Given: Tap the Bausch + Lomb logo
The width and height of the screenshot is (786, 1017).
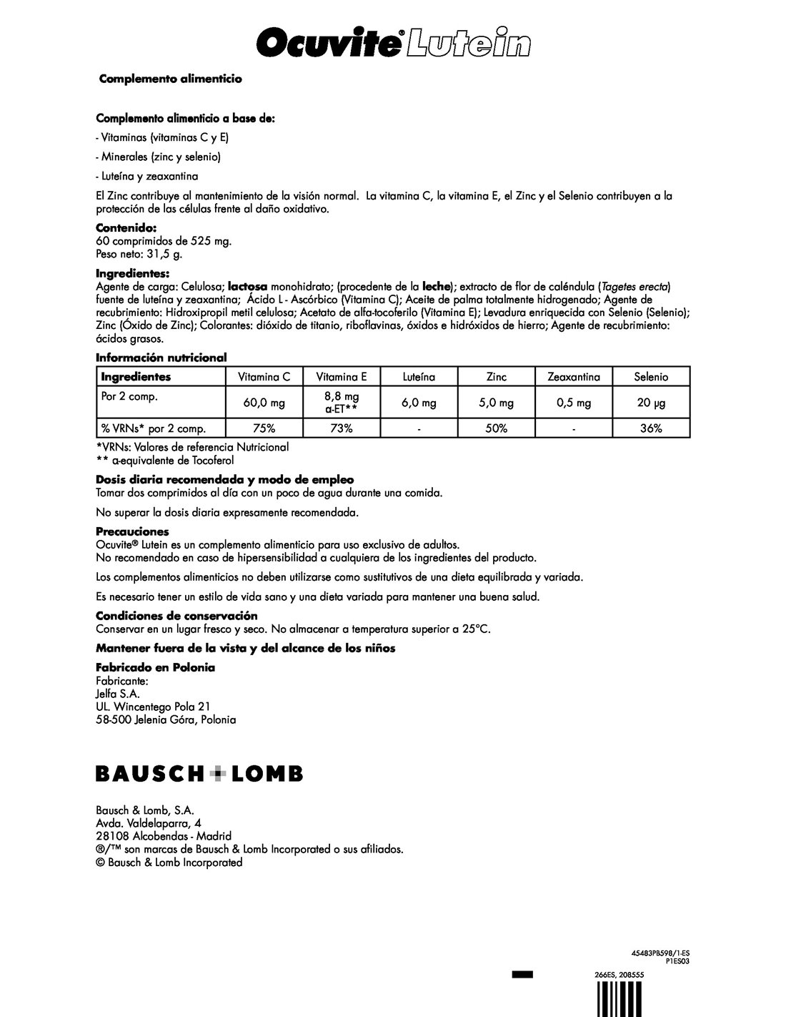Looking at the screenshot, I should (x=199, y=773).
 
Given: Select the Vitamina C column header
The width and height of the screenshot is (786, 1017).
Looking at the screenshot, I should (x=264, y=376).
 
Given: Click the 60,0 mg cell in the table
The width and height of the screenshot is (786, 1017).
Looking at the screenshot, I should (x=264, y=403).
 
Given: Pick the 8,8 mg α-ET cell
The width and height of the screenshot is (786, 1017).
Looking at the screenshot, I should (x=342, y=403).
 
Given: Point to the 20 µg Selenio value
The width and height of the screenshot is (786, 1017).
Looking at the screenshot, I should (x=651, y=403).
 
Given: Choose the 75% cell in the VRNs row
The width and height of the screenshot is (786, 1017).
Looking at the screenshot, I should (x=264, y=428).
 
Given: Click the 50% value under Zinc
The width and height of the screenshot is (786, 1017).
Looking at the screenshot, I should (x=497, y=428).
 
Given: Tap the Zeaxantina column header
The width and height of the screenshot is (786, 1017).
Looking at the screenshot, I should (x=574, y=376).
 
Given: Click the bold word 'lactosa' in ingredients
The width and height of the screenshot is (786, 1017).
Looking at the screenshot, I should (x=247, y=286).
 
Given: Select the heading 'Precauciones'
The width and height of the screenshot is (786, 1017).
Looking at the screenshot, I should (x=132, y=531).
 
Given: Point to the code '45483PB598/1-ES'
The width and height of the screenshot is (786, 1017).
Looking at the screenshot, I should (x=660, y=953).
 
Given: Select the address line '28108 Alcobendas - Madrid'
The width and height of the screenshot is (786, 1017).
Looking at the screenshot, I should (x=164, y=836).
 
